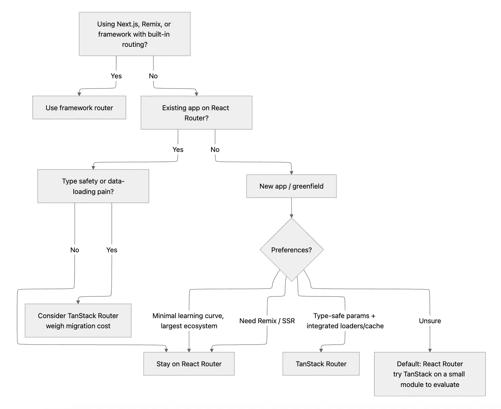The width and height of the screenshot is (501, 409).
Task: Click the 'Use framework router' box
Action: pyautogui.click(x=79, y=108)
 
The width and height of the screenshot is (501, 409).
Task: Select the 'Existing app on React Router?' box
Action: pyautogui.click(x=196, y=113)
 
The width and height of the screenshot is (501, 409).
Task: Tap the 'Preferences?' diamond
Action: pyautogui.click(x=291, y=250)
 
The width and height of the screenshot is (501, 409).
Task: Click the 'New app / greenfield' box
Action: pyautogui.click(x=291, y=186)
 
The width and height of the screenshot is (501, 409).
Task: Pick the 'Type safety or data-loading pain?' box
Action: pyautogui.click(x=93, y=186)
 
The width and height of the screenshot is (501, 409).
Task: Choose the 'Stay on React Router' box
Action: pyautogui.click(x=189, y=364)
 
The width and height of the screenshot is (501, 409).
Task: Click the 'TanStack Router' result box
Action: pyautogui.click(x=321, y=364)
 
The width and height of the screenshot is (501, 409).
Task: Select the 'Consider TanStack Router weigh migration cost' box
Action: pyautogui.click(x=78, y=320)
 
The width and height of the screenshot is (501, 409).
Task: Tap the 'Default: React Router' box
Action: pyautogui.click(x=430, y=374)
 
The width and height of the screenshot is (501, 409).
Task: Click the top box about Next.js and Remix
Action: pyautogui.click(x=134, y=34)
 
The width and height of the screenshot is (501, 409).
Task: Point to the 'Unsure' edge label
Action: pyautogui.click(x=430, y=321)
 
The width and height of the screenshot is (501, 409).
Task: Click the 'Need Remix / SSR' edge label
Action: pyautogui.click(x=267, y=321)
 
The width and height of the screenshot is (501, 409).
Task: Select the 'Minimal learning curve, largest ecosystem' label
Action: pyautogui.click(x=188, y=321)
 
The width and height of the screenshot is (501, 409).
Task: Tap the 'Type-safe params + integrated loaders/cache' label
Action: pyautogui.click(x=345, y=321)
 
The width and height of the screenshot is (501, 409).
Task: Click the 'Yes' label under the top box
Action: pyautogui.click(x=116, y=76)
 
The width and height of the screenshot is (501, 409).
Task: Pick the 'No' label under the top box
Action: pyautogui.click(x=153, y=76)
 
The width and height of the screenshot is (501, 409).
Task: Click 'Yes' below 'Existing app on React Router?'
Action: pyautogui.click(x=178, y=150)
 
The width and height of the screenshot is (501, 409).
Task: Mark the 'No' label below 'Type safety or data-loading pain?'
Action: pyautogui.click(x=75, y=250)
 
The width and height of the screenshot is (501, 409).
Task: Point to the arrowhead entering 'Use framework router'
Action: pyautogui.click(x=79, y=94)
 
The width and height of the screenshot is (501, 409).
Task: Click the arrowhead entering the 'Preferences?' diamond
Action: pyautogui.click(x=291, y=216)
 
